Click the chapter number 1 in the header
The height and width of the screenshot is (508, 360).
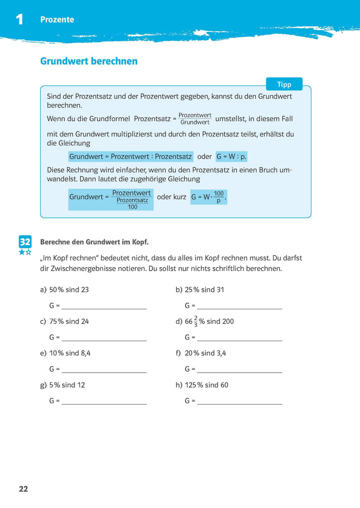pyautogui.click(x=19, y=20)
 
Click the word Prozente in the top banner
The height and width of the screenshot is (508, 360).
pyautogui.click(x=57, y=20)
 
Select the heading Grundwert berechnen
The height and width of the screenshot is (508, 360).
pyautogui.click(x=88, y=61)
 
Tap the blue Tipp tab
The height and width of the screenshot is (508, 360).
pyautogui.click(x=284, y=84)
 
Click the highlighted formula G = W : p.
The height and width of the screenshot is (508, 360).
pyautogui.click(x=231, y=156)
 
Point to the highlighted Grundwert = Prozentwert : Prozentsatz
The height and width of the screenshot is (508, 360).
pyautogui.click(x=130, y=156)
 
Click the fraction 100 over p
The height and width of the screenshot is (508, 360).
pyautogui.click(x=218, y=197)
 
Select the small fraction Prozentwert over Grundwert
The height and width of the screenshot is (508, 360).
pyautogui.click(x=194, y=119)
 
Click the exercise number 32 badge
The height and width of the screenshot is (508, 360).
pyautogui.click(x=25, y=242)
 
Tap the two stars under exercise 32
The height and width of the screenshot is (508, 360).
pyautogui.click(x=25, y=252)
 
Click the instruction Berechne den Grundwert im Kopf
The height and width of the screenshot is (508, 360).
pyautogui.click(x=94, y=242)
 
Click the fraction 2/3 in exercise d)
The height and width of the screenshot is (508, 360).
pyautogui.click(x=195, y=321)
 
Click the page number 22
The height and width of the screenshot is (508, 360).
pyautogui.click(x=23, y=489)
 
